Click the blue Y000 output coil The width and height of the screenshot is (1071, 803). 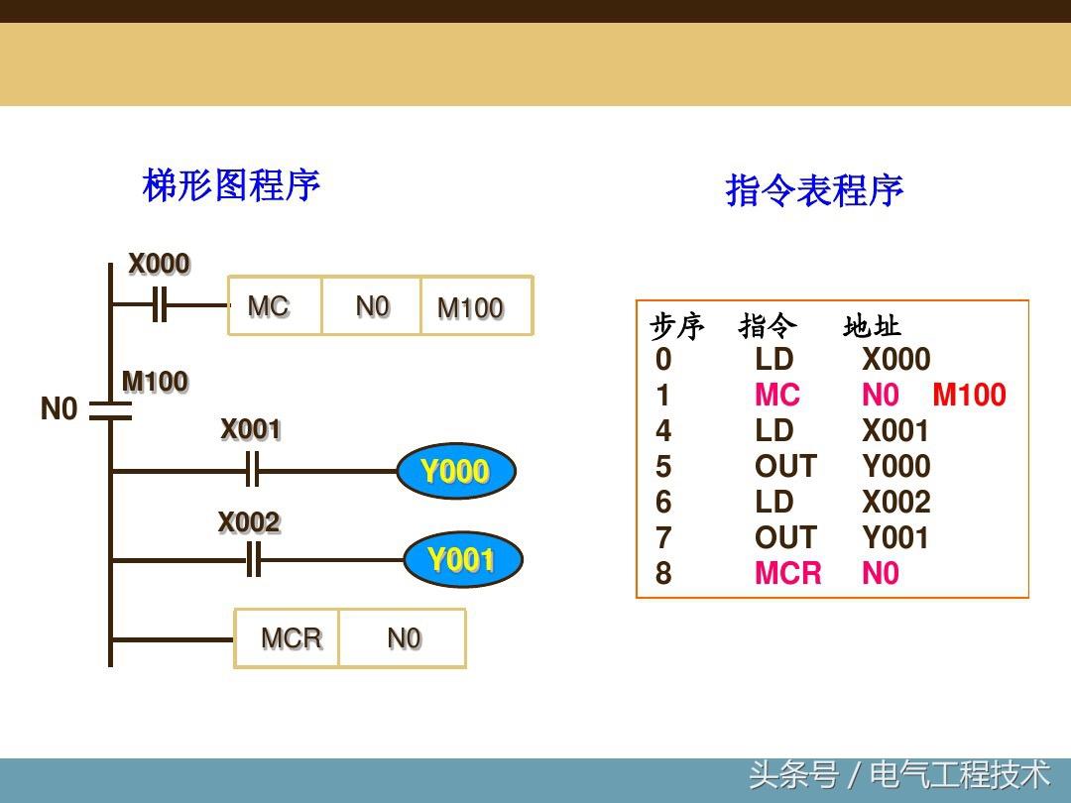click(456, 472)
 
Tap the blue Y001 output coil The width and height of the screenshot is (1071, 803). click(462, 560)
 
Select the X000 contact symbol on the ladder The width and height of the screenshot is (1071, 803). click(159, 304)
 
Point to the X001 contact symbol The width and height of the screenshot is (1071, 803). click(252, 471)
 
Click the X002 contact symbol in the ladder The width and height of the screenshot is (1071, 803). click(253, 561)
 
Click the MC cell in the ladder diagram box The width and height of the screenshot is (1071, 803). click(269, 306)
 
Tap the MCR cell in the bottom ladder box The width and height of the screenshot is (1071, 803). click(291, 638)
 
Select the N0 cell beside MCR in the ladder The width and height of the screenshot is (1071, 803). click(404, 638)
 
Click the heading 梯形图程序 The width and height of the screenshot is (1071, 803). click(231, 185)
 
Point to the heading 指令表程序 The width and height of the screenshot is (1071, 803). click(814, 190)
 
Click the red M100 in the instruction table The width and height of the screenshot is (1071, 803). click(969, 396)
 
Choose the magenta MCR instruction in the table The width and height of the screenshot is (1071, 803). click(787, 574)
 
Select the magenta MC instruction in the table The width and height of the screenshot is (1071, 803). click(776, 396)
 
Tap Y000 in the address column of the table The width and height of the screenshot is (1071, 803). click(895, 467)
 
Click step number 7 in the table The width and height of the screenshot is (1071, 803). click(663, 538)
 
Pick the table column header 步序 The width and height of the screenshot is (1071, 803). click(676, 326)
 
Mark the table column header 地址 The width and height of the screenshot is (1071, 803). click(872, 326)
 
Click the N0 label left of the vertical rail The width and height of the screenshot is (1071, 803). click(59, 408)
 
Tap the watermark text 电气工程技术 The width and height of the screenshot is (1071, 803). click(959, 773)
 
